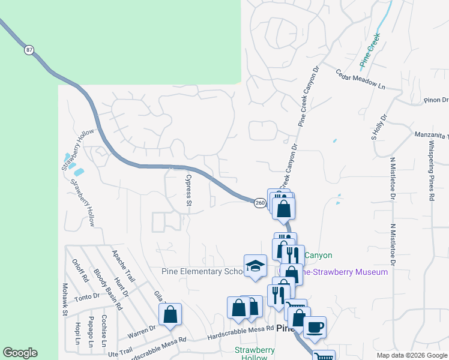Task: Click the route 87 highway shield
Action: click(x=29, y=50)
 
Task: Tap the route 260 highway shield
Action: click(x=259, y=203)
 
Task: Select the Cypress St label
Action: click(x=188, y=191)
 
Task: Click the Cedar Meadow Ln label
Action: click(x=360, y=80)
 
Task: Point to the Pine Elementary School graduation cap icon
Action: click(x=255, y=266)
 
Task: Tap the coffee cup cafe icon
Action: click(x=315, y=328)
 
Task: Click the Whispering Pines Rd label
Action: click(x=431, y=171)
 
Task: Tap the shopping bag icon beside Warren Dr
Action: click(x=170, y=314)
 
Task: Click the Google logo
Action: click(x=20, y=353)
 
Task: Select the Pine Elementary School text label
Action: click(x=202, y=271)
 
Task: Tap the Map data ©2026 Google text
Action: click(x=411, y=355)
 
